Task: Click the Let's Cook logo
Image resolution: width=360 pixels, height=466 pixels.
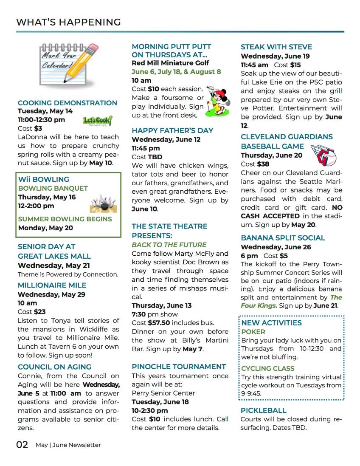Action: point(98,121)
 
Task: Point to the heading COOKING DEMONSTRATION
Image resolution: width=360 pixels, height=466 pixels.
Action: point(67,103)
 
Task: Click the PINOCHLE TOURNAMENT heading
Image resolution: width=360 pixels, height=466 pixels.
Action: point(179,367)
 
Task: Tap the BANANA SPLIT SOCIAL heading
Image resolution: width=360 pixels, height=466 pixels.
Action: point(283,238)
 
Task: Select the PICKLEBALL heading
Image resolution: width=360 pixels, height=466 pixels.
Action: point(264,410)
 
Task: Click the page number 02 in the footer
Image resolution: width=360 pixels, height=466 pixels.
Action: point(22,445)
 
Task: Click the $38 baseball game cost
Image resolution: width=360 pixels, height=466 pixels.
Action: point(263,164)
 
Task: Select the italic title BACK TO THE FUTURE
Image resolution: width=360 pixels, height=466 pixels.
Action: point(169,245)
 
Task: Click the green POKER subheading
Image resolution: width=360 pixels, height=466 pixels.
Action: point(253,332)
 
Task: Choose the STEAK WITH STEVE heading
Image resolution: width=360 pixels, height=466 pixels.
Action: point(276,47)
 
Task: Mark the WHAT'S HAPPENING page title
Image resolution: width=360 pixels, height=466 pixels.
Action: point(68,22)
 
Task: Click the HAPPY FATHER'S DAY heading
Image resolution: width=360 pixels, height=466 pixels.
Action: point(172,130)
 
